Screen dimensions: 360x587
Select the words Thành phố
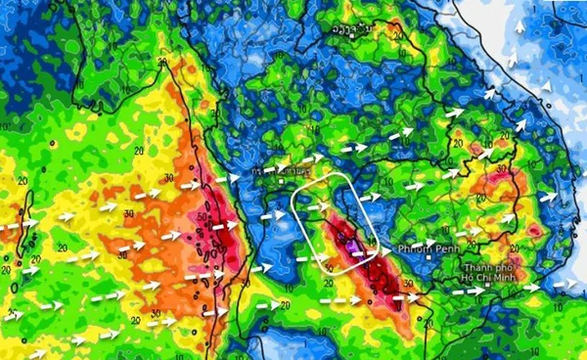tap(488, 267)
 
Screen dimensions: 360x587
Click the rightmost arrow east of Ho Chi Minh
tap(565, 285)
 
